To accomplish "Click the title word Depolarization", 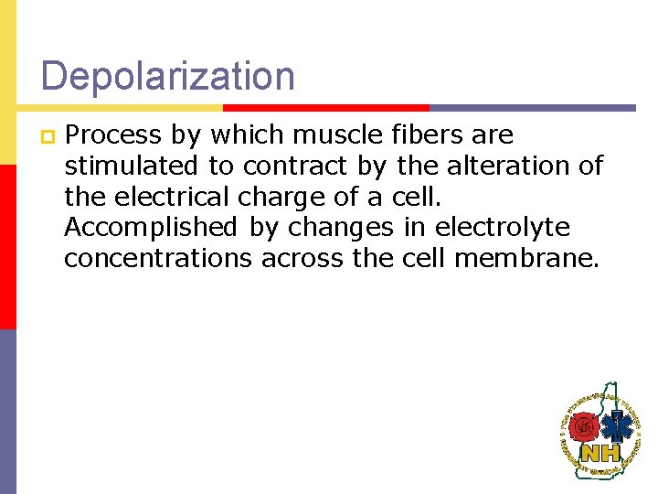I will click(168, 77).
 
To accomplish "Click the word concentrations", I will click(157, 259).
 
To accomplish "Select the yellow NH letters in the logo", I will click(600, 453).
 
